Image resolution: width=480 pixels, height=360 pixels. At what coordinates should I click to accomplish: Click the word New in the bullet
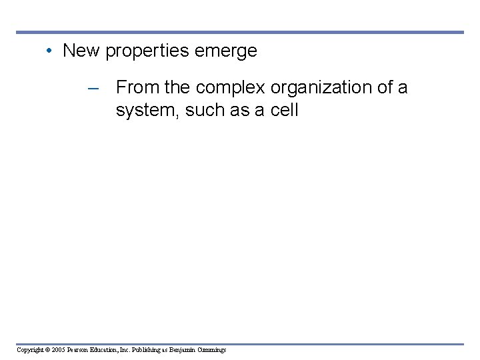coord(81,51)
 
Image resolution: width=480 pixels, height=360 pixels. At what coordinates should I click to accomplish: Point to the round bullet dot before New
coord(49,51)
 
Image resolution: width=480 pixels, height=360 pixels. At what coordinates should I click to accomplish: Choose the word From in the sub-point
coord(135,87)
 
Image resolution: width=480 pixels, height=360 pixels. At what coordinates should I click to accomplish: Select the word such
coord(205,110)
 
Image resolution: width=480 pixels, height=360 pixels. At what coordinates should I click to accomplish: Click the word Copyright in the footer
coord(31,350)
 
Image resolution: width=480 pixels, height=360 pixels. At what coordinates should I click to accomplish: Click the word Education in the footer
coord(109,350)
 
